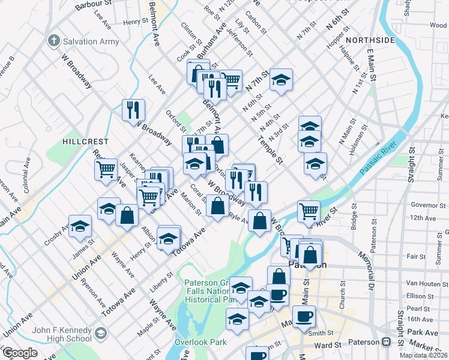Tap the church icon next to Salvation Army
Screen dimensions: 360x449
(54, 41)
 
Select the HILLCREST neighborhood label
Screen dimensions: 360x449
(85, 142)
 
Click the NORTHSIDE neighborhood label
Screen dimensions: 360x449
(373, 40)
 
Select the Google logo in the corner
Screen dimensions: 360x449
(20, 353)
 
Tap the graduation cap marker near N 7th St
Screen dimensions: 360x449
(280, 80)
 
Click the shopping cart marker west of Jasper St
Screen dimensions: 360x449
(106, 169)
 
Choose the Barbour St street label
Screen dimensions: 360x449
(94, 5)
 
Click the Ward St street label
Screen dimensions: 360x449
(327, 346)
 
